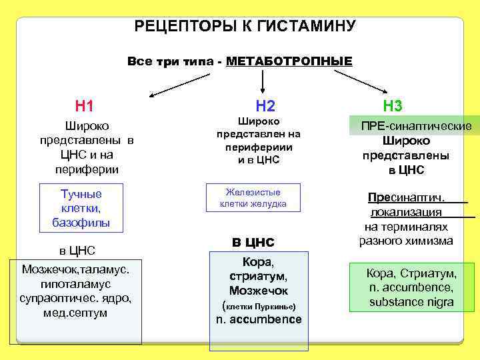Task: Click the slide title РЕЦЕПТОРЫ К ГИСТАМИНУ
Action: (245, 27)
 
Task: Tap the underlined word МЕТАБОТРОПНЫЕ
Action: (289, 62)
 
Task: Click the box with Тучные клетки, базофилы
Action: (81, 208)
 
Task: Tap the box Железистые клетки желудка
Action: (253, 197)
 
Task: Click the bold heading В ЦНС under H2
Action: (253, 241)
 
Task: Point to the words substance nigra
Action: (411, 302)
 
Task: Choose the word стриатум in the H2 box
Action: (258, 276)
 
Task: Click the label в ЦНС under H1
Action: (77, 251)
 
